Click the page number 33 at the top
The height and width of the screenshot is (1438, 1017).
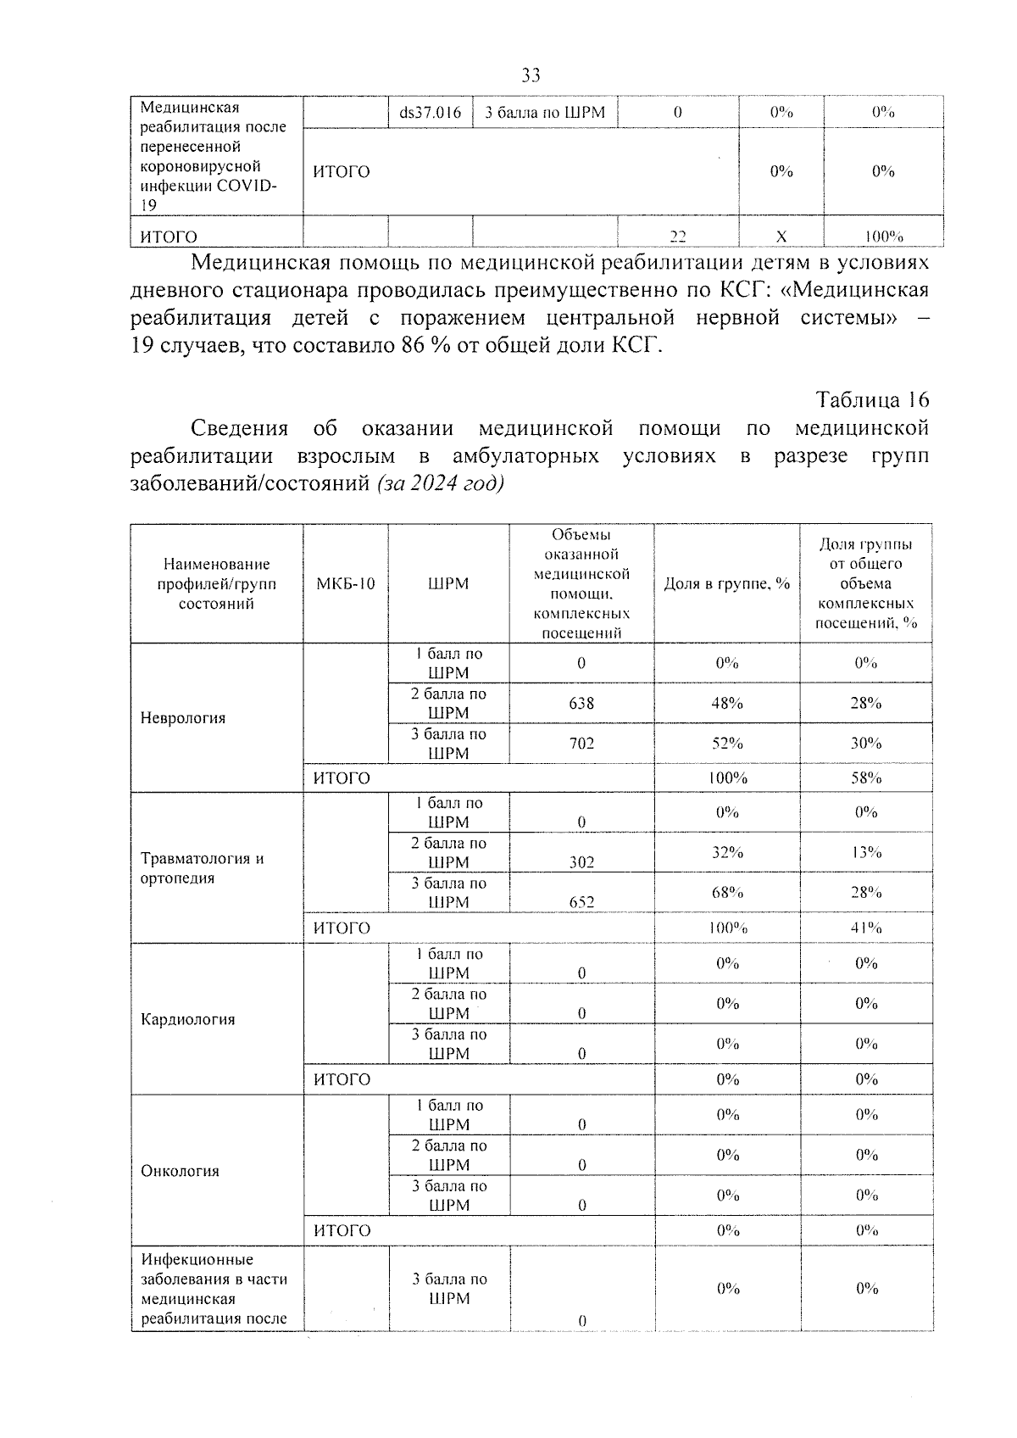click(x=531, y=75)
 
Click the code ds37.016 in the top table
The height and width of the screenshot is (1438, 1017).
click(x=430, y=113)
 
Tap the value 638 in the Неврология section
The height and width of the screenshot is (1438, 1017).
click(x=581, y=703)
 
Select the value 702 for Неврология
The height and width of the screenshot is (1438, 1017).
click(x=581, y=743)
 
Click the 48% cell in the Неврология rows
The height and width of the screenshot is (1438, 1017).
click(x=727, y=703)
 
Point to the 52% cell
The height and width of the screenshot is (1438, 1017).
click(x=727, y=743)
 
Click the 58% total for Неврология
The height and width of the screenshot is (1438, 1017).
click(x=866, y=778)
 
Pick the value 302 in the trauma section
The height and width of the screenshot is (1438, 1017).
click(x=581, y=862)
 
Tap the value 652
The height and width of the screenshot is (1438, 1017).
click(x=581, y=902)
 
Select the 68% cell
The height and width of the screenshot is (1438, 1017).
click(x=727, y=892)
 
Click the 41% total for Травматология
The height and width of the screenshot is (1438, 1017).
click(x=866, y=928)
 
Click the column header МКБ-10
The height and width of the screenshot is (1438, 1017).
click(x=346, y=583)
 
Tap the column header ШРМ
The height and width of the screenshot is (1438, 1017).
click(x=448, y=583)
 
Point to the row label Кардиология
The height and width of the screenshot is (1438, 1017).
click(x=187, y=1019)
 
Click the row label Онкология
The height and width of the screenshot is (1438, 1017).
click(x=180, y=1171)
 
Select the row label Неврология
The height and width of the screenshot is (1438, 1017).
click(x=183, y=718)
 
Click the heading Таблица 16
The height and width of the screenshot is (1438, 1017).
click(x=871, y=399)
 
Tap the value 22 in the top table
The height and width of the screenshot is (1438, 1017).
click(x=677, y=237)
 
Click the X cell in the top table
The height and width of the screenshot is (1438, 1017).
click(x=781, y=237)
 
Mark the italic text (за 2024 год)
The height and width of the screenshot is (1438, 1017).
click(x=440, y=483)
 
